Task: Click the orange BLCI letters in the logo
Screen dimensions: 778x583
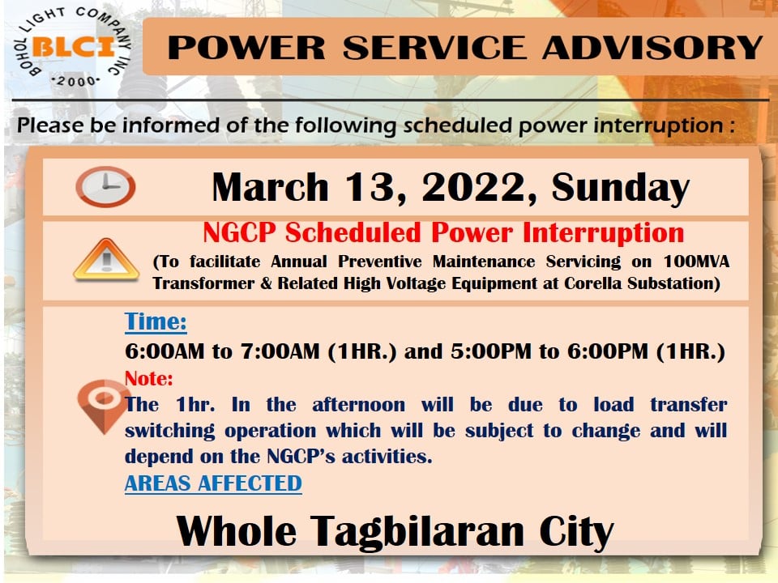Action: click(x=74, y=48)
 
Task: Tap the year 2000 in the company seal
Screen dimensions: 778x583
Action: click(x=76, y=81)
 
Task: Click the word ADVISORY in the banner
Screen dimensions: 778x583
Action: click(x=652, y=48)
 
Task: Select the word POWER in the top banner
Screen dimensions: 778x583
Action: click(x=246, y=48)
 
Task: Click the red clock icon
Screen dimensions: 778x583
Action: click(x=105, y=186)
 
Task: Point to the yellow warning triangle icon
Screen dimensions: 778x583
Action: click(x=106, y=259)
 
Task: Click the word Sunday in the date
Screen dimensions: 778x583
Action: click(x=620, y=188)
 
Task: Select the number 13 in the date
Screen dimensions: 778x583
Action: click(x=375, y=188)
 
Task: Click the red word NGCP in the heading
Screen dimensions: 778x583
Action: click(x=239, y=232)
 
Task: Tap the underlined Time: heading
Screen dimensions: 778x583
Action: click(x=156, y=321)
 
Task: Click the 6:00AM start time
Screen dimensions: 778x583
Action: click(x=165, y=351)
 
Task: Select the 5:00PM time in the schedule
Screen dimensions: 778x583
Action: click(x=491, y=351)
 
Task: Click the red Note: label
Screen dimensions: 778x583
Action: click(x=149, y=379)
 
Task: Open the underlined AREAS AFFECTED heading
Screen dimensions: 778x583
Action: click(x=213, y=483)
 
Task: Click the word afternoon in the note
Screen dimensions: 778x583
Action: click(x=359, y=405)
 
